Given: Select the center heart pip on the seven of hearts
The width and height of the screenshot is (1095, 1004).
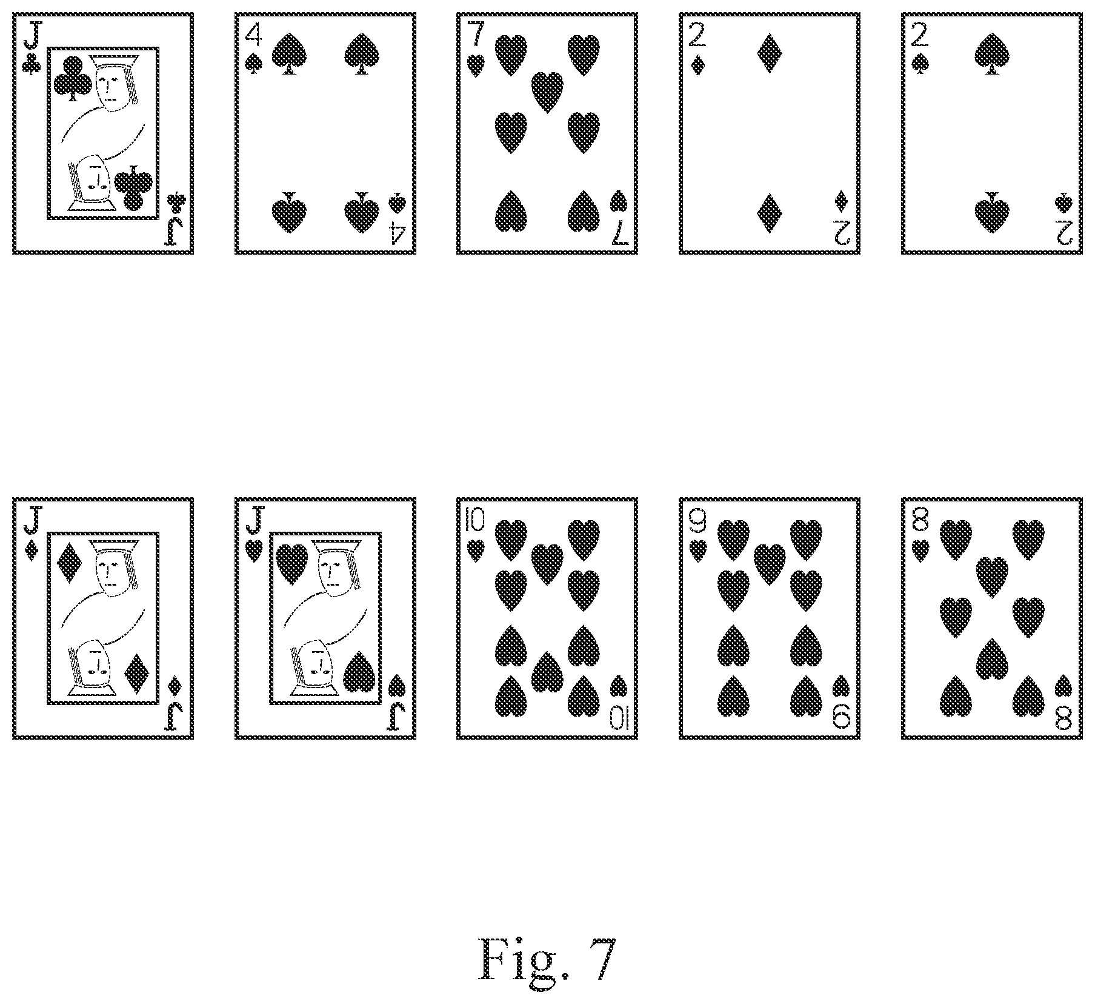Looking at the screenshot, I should (547, 92).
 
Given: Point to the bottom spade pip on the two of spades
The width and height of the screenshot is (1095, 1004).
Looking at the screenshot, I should (991, 213).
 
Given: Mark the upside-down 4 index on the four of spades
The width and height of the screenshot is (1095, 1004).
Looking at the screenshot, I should (398, 232).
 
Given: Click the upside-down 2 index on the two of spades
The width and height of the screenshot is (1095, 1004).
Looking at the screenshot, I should (1064, 231).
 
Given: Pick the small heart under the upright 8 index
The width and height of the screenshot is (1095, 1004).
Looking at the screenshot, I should (920, 549).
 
